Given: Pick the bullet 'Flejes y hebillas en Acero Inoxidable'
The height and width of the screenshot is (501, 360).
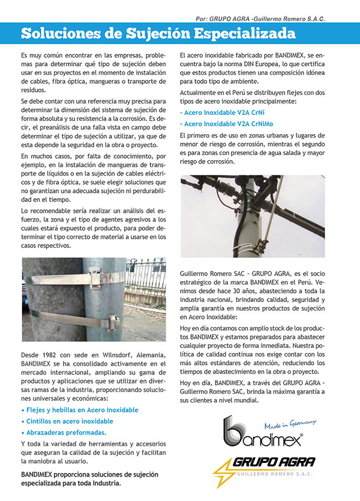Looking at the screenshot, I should (79, 410).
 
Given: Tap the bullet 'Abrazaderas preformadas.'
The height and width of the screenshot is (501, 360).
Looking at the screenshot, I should (63, 432).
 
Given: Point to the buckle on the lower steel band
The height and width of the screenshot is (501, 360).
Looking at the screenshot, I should (114, 320).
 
